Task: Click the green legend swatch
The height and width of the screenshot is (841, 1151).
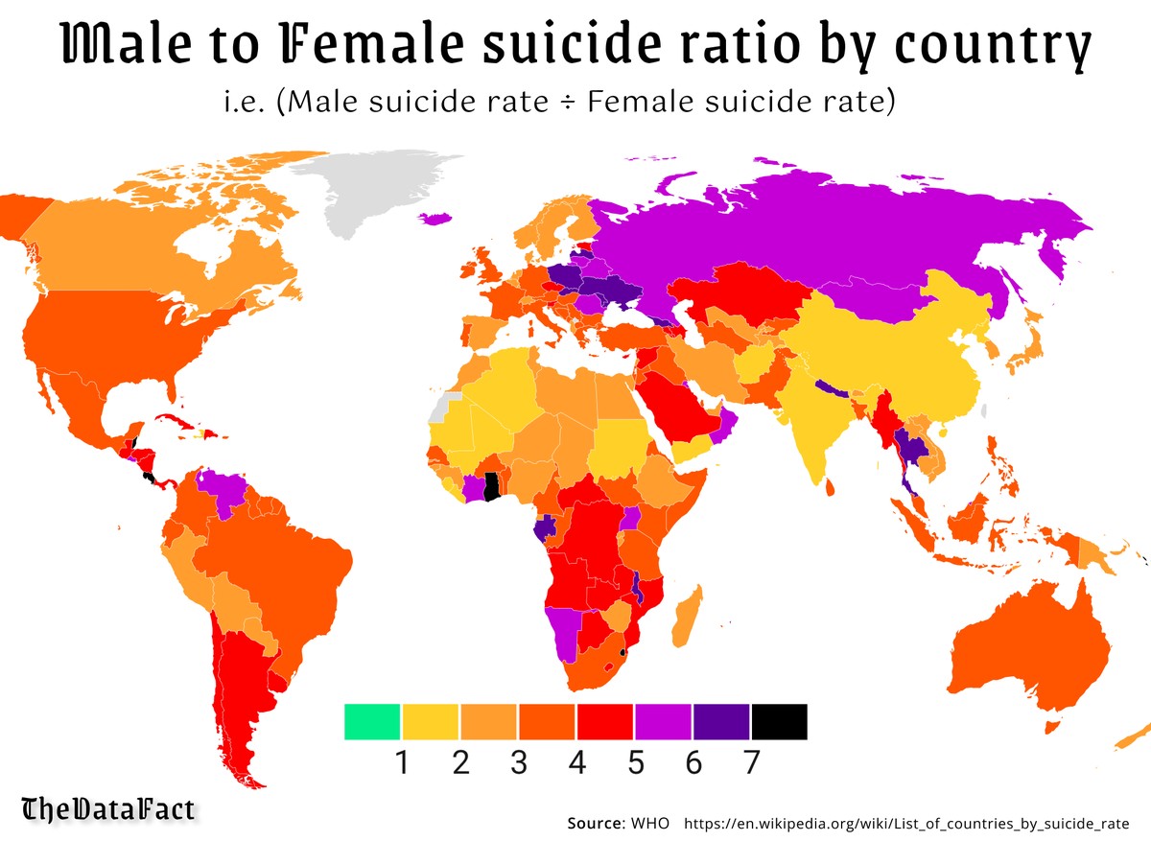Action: [x=372, y=721]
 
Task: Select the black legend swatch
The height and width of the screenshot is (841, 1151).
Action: [x=779, y=721]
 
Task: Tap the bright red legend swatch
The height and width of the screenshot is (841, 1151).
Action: [x=604, y=721]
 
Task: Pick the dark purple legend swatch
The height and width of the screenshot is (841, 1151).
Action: [x=721, y=721]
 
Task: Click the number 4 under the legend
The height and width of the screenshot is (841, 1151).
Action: [x=576, y=763]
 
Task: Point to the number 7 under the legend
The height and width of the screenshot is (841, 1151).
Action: [x=750, y=763]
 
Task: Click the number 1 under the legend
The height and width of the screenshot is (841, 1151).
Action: [x=403, y=763]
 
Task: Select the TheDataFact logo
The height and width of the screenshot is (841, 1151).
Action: [x=108, y=808]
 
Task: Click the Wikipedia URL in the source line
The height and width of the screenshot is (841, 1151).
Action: [x=906, y=823]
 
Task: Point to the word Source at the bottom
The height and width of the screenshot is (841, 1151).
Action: [x=595, y=823]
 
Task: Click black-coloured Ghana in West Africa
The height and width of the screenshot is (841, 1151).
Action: [x=492, y=486]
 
